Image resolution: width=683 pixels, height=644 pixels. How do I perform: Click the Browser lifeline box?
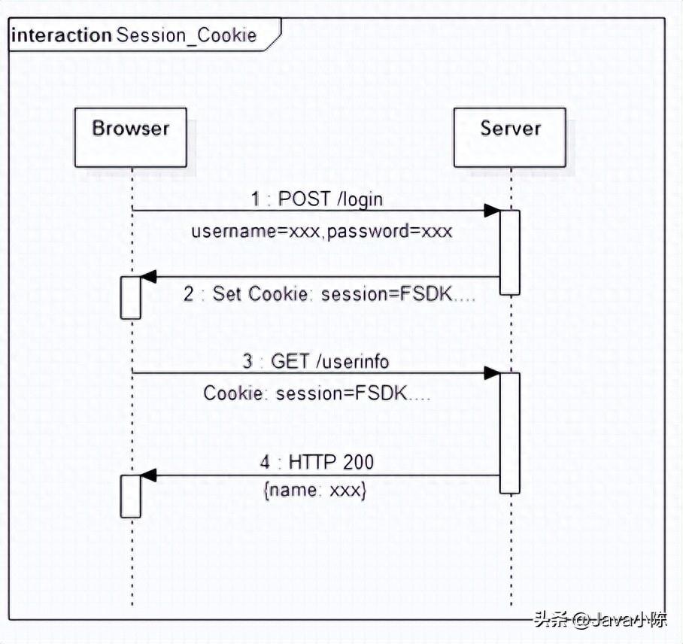[x=131, y=137]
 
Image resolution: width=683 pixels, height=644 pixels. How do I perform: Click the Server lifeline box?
[x=510, y=137]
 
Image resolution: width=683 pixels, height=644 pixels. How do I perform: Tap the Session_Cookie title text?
[x=186, y=35]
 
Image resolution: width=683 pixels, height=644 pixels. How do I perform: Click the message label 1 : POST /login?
[x=317, y=199]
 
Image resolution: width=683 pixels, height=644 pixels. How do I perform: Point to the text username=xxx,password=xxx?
[x=322, y=231]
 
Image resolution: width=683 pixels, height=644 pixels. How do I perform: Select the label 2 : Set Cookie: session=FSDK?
[x=329, y=294]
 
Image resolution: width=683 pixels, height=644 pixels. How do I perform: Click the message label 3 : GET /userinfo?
[x=316, y=362]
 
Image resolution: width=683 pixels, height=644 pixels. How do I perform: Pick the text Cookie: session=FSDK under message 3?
[x=317, y=393]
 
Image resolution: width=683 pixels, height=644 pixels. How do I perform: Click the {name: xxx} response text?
[x=314, y=491]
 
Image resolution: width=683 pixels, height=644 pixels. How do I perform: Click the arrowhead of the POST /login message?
[x=492, y=211]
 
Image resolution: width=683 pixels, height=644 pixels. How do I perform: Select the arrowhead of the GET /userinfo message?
[x=492, y=373]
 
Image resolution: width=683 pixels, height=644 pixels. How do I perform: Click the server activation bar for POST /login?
[x=510, y=252]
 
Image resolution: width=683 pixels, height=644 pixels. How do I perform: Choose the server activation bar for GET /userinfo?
[x=510, y=433]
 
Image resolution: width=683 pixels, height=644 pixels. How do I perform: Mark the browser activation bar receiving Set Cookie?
[x=131, y=298]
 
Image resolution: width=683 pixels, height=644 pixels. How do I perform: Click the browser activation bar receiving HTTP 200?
[x=131, y=497]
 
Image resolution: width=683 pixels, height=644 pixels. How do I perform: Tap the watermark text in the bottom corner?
[x=600, y=621]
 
